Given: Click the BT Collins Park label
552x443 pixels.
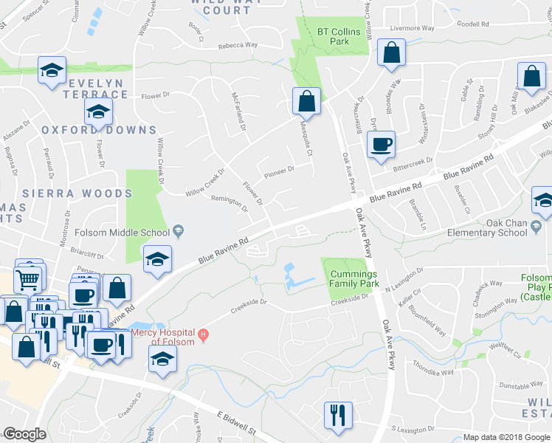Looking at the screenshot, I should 339,37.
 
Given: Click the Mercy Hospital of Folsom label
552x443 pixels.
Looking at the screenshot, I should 164,337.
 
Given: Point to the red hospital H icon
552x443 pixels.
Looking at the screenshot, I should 203,336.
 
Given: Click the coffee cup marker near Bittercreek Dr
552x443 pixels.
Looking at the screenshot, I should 381,145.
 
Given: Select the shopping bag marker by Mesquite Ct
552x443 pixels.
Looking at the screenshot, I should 306,101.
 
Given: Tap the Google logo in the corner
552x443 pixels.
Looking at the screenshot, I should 24,434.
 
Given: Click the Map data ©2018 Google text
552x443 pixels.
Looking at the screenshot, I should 506,437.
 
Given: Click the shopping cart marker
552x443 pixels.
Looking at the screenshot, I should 28,280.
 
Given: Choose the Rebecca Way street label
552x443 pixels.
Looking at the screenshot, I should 237,45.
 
